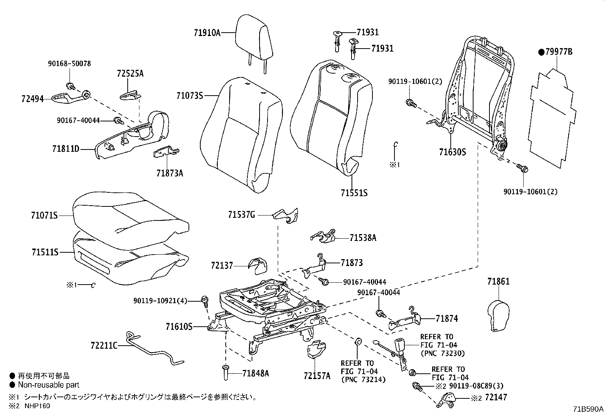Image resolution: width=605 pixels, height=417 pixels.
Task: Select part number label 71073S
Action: coord(189,96)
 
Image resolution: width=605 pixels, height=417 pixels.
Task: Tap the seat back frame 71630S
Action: coord(481,95)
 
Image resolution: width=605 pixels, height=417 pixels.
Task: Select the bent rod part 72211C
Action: coord(152,349)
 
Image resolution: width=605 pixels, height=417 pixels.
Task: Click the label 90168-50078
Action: coord(69,64)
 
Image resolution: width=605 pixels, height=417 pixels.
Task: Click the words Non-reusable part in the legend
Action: coord(49,385)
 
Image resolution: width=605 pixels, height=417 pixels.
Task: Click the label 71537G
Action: coord(241,215)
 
